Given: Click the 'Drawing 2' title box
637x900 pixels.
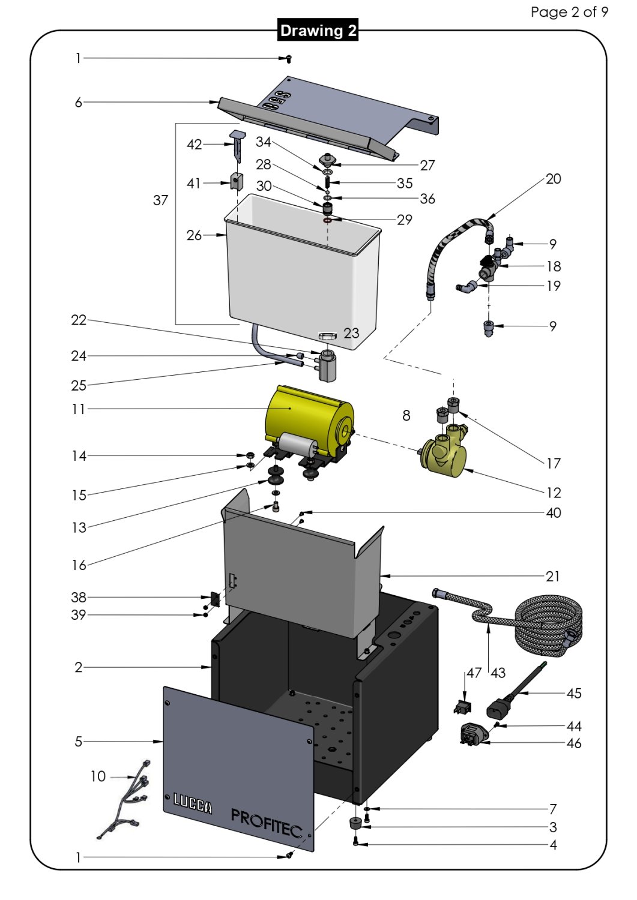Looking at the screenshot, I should pyautogui.click(x=318, y=31).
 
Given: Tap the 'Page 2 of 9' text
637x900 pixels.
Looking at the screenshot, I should pyautogui.click(x=569, y=12).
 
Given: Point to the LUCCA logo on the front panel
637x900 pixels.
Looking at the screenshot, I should pyautogui.click(x=192, y=803).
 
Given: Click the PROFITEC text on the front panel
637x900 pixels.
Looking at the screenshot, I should pyautogui.click(x=266, y=823).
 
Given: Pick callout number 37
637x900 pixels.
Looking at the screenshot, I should pyautogui.click(x=160, y=200).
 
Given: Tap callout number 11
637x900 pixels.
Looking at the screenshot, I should pyautogui.click(x=79, y=409).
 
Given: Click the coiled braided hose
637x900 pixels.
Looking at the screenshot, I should pyautogui.click(x=549, y=624).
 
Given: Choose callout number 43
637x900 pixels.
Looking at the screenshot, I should pyautogui.click(x=498, y=673).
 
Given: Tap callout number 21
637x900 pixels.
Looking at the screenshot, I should pyautogui.click(x=552, y=577).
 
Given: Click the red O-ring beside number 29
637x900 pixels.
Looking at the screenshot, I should pyautogui.click(x=327, y=220).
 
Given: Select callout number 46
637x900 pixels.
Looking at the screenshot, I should pyautogui.click(x=574, y=743).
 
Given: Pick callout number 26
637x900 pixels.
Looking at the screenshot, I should pyautogui.click(x=194, y=235).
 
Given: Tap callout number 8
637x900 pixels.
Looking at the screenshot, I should pyautogui.click(x=406, y=415).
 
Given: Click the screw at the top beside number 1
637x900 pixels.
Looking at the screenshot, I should pyautogui.click(x=289, y=59).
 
